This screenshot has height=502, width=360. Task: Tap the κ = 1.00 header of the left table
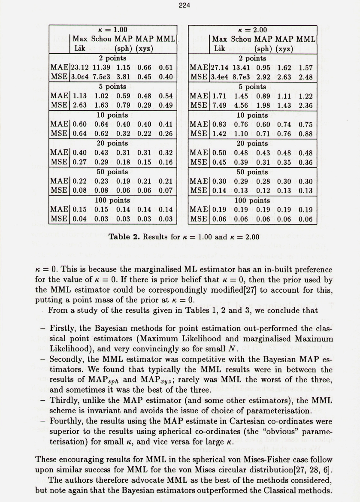pos(113,30)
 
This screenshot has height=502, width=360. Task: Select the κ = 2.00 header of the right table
pos(253,30)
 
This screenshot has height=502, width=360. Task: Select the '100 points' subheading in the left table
pos(112,200)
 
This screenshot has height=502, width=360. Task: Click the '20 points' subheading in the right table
pos(253,143)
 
